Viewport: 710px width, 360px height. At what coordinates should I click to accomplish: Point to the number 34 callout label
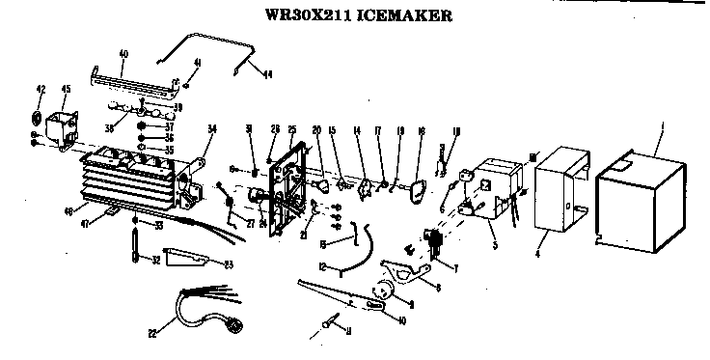point(211,127)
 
